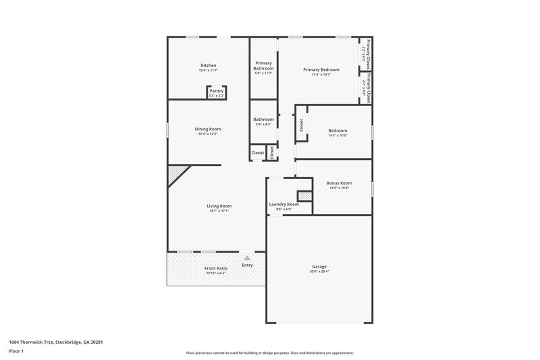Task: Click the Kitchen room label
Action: pyautogui.click(x=208, y=65)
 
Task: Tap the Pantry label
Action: pyautogui.click(x=216, y=91)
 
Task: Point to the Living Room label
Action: pyautogui.click(x=219, y=206)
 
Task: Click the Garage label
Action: pyautogui.click(x=319, y=266)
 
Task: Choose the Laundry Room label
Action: pyautogui.click(x=283, y=204)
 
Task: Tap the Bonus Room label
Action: pyautogui.click(x=339, y=183)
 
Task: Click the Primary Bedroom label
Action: pyautogui.click(x=321, y=70)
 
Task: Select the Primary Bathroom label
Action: pyautogui.click(x=263, y=66)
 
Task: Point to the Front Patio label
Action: pyautogui.click(x=216, y=269)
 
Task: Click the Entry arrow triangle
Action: pyautogui.click(x=247, y=257)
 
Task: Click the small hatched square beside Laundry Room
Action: pyautogui.click(x=304, y=196)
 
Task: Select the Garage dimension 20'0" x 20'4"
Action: pyautogui.click(x=319, y=272)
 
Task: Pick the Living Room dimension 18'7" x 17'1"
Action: pyautogui.click(x=219, y=211)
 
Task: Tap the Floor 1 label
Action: pyautogui.click(x=16, y=351)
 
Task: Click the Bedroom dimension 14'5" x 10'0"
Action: pyautogui.click(x=337, y=135)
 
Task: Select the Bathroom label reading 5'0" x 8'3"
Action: pyautogui.click(x=263, y=124)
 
